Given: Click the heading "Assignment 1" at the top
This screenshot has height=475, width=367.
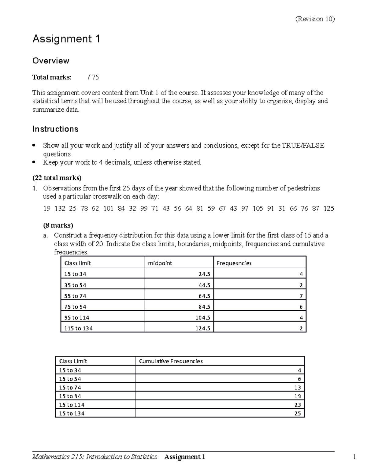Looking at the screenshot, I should coord(66,39).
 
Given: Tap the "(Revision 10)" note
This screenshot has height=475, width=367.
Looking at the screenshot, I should coord(315,19).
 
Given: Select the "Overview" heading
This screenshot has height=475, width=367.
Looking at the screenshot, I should coord(51,61).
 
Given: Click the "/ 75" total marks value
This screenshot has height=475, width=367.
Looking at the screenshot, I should coord(93,77).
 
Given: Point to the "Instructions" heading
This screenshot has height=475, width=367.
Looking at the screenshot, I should coord(55,129).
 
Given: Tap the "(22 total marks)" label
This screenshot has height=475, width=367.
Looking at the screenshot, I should coord(57,178).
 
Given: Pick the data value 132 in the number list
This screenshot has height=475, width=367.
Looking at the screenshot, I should coord(60,209).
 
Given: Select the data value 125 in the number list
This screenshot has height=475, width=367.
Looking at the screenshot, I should coord(329,209).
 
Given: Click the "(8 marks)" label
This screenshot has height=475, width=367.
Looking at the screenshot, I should coord(58,225).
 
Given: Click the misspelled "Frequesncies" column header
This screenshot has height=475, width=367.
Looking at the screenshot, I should coord(234,263).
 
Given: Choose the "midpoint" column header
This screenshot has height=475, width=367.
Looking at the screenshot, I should coord(160,263).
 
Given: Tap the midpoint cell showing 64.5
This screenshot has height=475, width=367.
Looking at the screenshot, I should coord(204,296).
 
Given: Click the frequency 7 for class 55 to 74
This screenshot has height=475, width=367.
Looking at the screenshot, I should coord(301,296).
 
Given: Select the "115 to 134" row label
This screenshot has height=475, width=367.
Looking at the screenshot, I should coord(78,328).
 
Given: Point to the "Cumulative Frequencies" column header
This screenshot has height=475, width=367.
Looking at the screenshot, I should coord(171,361).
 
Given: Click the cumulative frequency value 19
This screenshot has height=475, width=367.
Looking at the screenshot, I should coord(298,396).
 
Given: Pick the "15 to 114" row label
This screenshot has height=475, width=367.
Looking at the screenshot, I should coord(72,405).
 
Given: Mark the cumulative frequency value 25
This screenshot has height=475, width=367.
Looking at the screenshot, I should coord(298,414).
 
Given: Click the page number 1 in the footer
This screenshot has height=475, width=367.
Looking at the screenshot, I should coord(354,457).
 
